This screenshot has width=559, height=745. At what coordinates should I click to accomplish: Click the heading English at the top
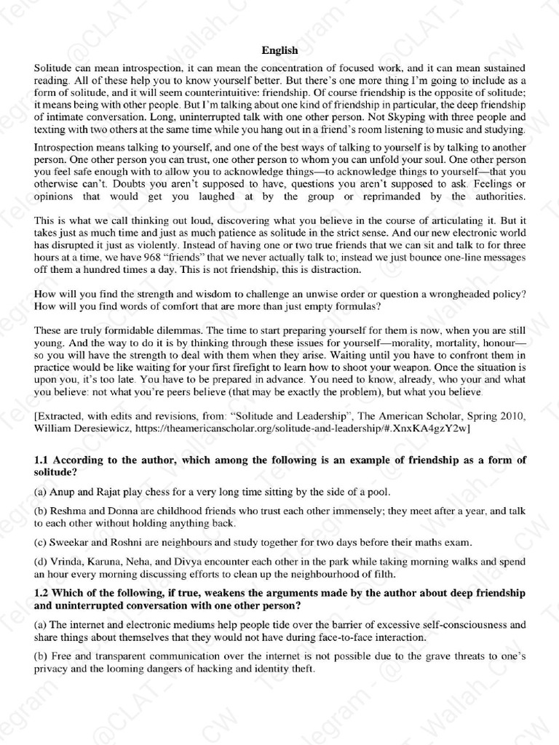(279, 49)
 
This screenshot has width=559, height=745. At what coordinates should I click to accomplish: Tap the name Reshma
(68, 511)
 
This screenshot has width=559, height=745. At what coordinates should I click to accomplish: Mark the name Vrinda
(66, 561)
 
